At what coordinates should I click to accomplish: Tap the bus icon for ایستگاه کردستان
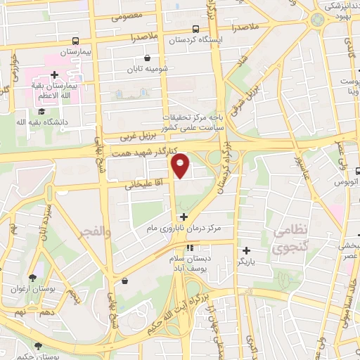pos(195,29)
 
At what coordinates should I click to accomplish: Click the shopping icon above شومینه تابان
pos(146,59)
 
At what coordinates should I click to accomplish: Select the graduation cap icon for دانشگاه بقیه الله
pos(41,111)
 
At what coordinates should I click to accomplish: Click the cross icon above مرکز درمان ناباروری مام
pos(184,217)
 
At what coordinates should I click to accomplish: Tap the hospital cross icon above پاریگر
pos(245,250)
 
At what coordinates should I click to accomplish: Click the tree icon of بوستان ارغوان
pos(33,277)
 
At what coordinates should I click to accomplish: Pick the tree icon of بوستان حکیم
pos(37,346)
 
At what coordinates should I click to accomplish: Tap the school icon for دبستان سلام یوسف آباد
pos(189,247)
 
